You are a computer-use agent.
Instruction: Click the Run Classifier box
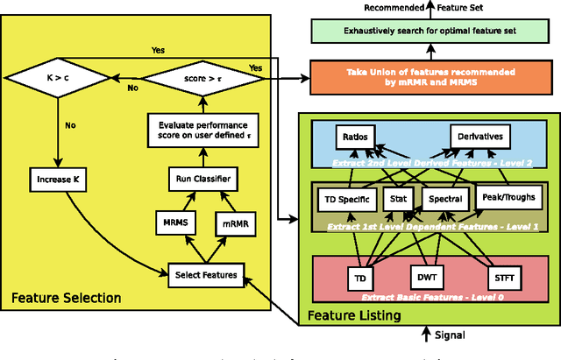200,179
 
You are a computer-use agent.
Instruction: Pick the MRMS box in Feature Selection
173,223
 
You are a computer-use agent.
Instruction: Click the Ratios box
355,137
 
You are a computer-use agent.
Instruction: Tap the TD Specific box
346,199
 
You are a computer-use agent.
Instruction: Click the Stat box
398,199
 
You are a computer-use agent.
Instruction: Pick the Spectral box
444,199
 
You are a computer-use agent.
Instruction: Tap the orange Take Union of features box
432,76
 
